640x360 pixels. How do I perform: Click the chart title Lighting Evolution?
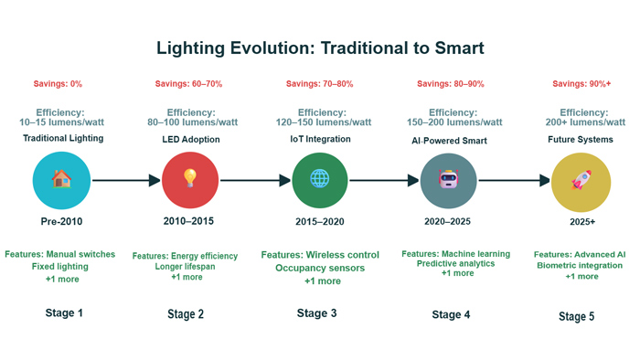pos(319,48)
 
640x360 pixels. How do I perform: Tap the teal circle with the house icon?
pos(61,180)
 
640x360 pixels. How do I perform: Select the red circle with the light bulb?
pos(190,180)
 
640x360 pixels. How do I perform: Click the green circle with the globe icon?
pos(319,180)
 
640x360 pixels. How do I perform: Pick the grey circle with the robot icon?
pos(448,180)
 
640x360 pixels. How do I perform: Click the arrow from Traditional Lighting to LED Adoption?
pos(125,180)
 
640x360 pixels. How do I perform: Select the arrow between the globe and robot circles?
pos(383,180)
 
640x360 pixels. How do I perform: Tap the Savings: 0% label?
pos(59,84)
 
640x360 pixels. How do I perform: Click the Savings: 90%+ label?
pos(581,84)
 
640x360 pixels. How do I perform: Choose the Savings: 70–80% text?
pos(320,84)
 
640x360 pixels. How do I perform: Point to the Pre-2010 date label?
pos(61,222)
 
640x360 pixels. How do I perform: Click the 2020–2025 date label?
pos(448,222)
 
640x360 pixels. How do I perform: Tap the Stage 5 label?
pos(576,316)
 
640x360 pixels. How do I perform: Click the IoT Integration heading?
pos(319,139)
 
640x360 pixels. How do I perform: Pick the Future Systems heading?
pos(581,140)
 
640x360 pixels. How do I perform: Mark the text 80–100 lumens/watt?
pos(189,122)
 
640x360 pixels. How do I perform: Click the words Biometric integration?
pos(581,266)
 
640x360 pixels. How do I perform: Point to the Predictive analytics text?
pos(448,263)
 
